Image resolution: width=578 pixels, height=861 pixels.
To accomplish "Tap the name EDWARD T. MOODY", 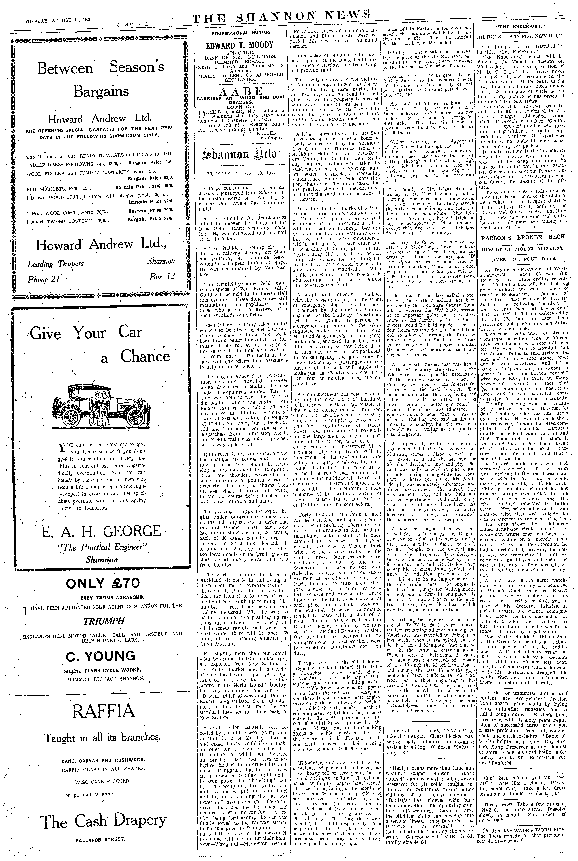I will (240, 45).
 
